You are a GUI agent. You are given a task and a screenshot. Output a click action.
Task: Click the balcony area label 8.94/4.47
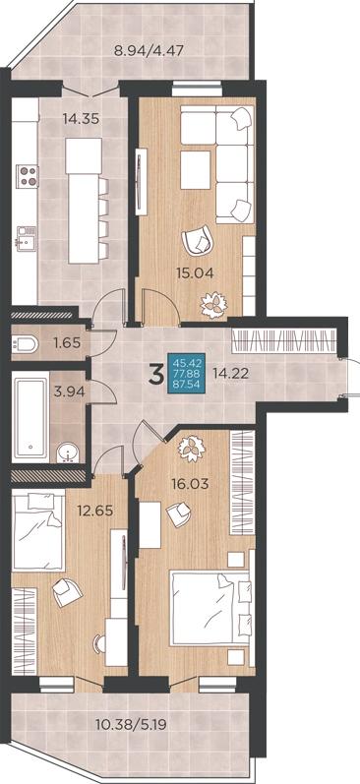[150, 50]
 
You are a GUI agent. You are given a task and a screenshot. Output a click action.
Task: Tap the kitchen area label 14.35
[81, 118]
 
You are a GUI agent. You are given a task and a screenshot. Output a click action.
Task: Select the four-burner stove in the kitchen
[28, 176]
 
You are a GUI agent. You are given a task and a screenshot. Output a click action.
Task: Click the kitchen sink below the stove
[26, 236]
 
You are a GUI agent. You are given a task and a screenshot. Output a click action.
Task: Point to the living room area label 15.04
[195, 273]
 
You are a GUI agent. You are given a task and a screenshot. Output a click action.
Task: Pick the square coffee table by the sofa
[195, 170]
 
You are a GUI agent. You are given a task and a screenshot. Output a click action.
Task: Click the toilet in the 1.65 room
[25, 343]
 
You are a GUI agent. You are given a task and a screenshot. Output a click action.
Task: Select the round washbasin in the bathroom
[68, 453]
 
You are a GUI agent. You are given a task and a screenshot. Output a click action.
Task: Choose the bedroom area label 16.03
[189, 484]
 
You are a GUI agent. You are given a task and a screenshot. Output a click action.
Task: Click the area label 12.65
[95, 511]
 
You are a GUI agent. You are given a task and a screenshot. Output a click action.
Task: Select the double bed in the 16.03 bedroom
[210, 608]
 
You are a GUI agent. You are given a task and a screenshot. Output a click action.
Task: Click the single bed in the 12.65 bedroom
[38, 531]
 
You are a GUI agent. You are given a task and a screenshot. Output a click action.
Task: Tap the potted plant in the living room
[214, 304]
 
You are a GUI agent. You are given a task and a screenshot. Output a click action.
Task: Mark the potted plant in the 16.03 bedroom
[192, 449]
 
